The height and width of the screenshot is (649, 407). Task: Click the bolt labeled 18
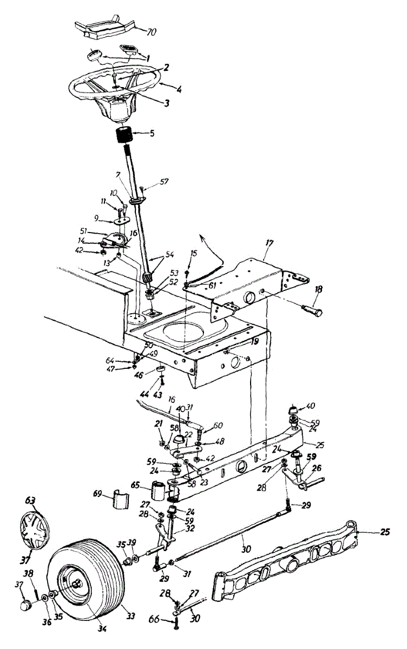pos(311,312)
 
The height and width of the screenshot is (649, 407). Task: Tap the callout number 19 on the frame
pos(254,342)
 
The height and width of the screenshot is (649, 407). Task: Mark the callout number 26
pos(317,469)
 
